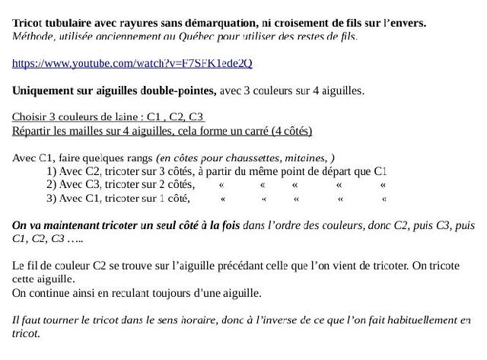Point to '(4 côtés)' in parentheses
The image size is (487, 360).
(x=288, y=131)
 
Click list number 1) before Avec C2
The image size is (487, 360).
(x=52, y=171)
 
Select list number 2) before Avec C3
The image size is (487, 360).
(x=52, y=185)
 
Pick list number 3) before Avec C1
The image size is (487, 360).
(x=52, y=199)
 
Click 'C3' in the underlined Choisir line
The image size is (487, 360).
(x=196, y=117)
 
